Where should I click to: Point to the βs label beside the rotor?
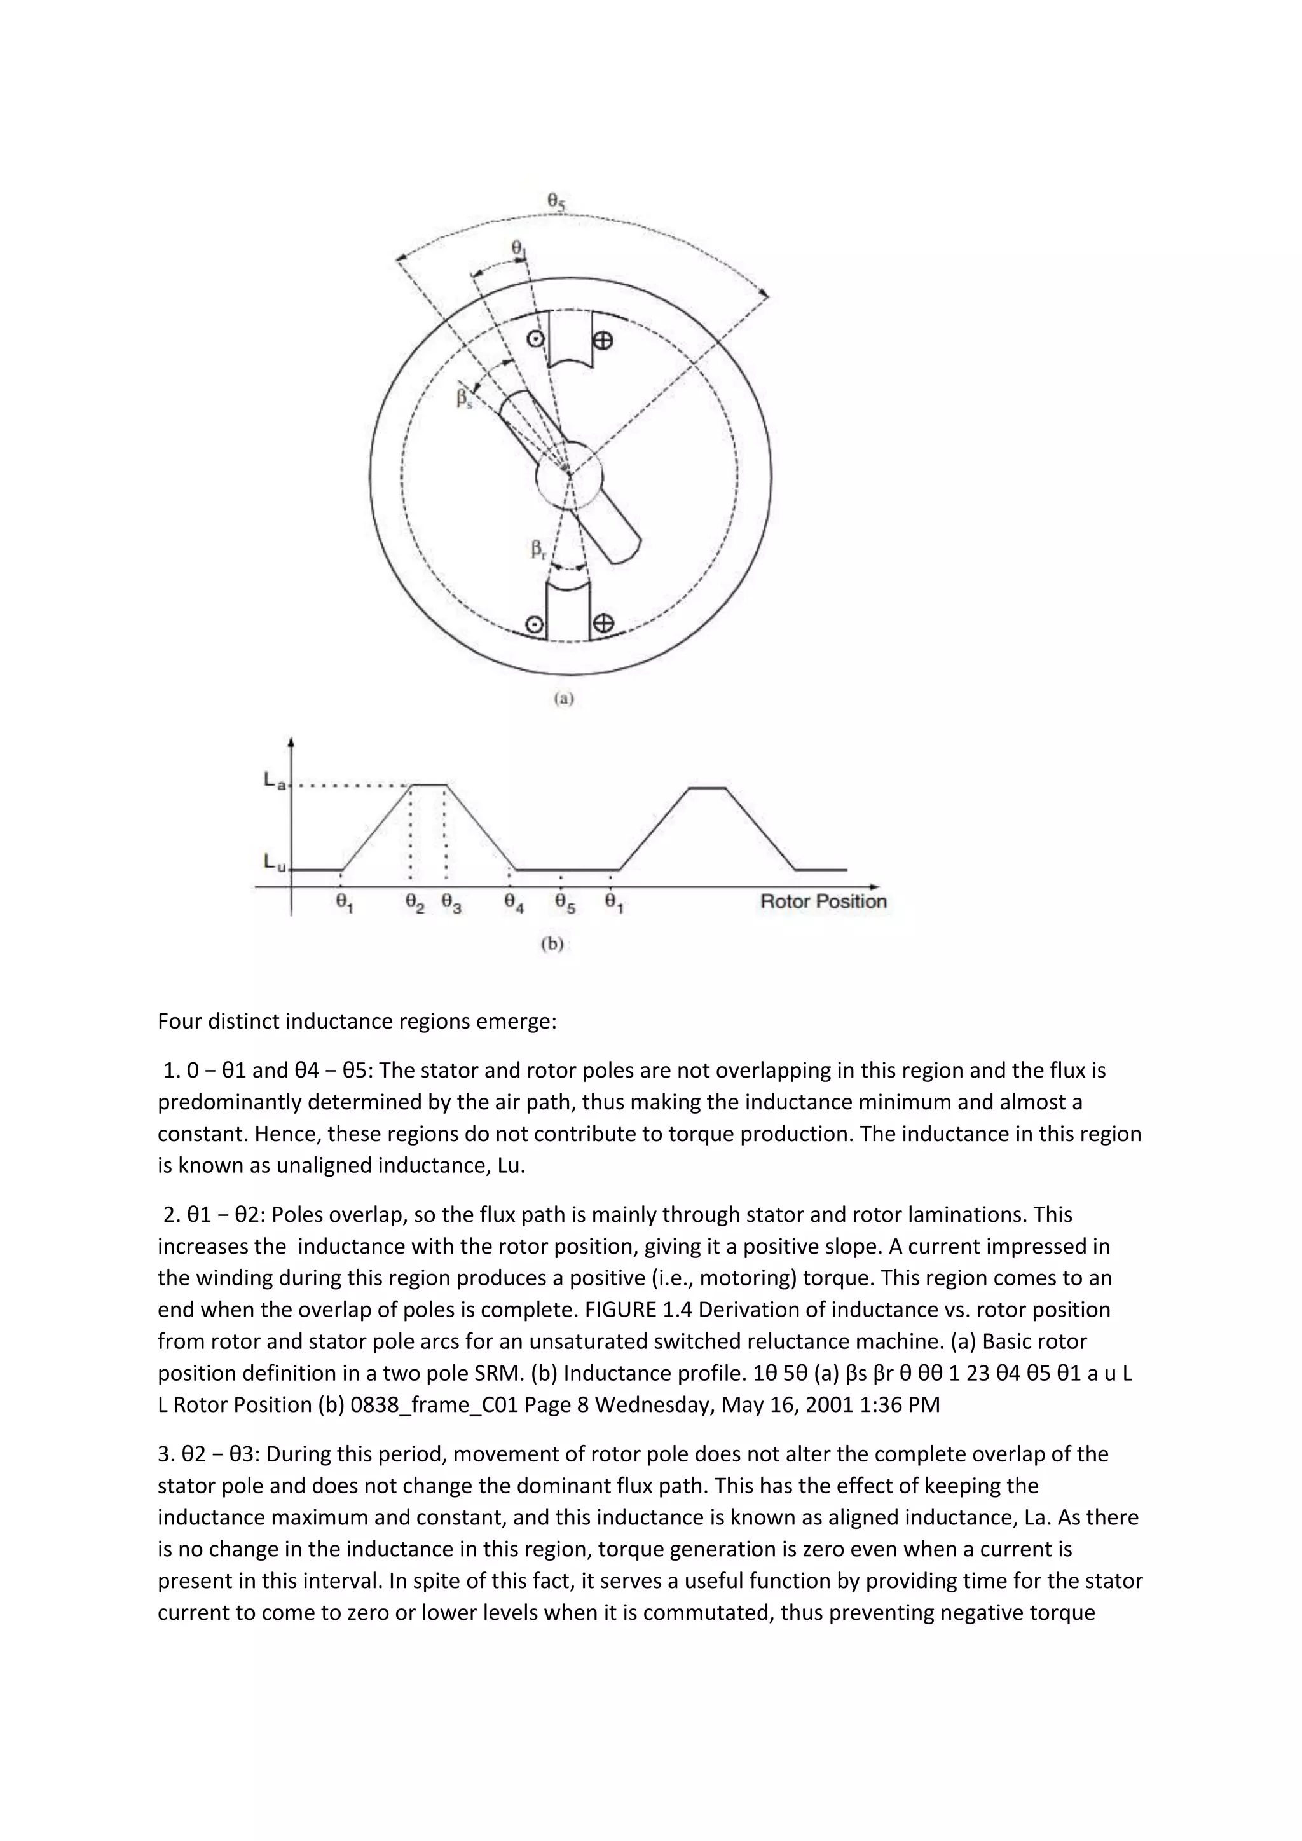click(x=464, y=399)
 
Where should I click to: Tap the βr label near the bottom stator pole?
click(x=538, y=550)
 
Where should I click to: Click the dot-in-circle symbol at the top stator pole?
click(x=535, y=339)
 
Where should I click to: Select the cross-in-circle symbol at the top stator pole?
click(x=603, y=341)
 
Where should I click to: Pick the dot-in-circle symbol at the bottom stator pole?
click(x=532, y=624)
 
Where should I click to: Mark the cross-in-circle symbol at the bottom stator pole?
click(x=603, y=623)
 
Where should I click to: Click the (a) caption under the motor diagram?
click(x=565, y=699)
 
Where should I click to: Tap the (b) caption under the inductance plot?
click(x=552, y=944)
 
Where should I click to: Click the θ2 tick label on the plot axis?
click(x=415, y=904)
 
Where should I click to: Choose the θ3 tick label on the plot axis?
click(x=451, y=904)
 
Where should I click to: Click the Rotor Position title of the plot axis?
click(x=823, y=901)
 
